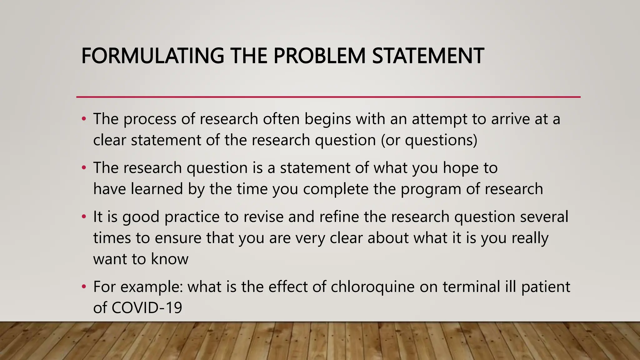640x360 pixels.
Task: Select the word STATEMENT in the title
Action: click(x=428, y=56)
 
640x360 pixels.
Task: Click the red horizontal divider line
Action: click(x=328, y=97)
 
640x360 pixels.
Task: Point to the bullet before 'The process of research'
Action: click(x=83, y=119)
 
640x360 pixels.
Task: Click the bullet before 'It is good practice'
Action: click(x=83, y=217)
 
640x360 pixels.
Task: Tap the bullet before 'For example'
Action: click(x=83, y=287)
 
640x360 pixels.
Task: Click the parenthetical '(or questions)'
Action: click(x=429, y=140)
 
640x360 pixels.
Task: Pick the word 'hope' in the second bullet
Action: click(x=460, y=168)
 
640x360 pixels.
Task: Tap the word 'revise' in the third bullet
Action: click(x=263, y=217)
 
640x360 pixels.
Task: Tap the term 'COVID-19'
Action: click(x=147, y=308)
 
